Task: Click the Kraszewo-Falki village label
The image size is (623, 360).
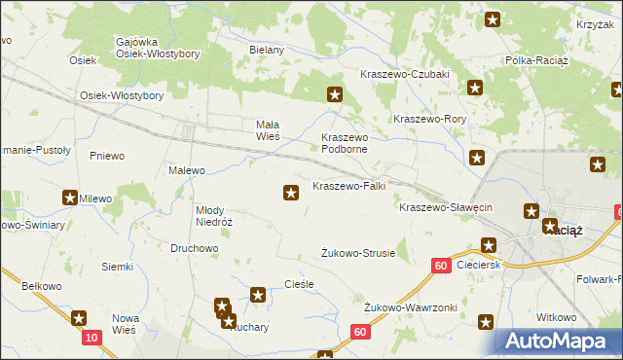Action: click(x=348, y=186)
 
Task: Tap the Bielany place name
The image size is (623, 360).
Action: click(x=266, y=50)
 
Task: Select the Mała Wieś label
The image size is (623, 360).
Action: click(x=268, y=130)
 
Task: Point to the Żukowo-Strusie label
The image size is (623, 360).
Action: click(x=358, y=253)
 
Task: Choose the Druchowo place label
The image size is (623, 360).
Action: click(x=193, y=248)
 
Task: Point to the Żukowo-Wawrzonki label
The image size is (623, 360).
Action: click(x=411, y=307)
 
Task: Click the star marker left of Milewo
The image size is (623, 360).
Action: click(x=71, y=198)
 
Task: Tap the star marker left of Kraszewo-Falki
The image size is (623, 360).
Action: click(x=291, y=193)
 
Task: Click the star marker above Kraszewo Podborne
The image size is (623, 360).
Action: click(x=335, y=94)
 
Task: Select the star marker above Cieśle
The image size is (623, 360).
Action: click(x=258, y=294)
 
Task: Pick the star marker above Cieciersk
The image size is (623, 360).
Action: click(x=490, y=245)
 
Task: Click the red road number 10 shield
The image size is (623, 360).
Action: click(x=92, y=337)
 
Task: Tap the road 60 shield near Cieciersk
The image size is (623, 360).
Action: click(x=441, y=265)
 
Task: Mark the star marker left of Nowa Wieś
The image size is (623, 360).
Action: click(x=79, y=317)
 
